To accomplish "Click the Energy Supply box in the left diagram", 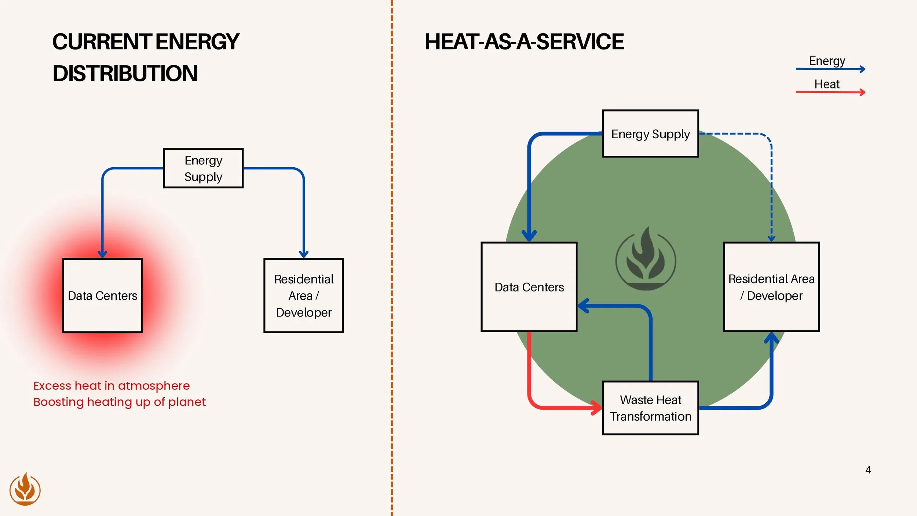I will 203,168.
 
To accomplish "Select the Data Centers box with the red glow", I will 102,296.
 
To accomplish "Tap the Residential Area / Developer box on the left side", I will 304,296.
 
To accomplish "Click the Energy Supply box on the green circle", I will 650,134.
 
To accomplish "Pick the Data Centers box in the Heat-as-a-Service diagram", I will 529,287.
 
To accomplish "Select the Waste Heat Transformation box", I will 650,408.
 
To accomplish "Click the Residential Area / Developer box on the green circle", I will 771,287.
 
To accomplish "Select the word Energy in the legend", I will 827,61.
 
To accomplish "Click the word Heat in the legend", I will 827,84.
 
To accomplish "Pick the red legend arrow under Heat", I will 830,92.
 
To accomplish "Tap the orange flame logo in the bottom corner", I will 25,489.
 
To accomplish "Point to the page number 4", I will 868,470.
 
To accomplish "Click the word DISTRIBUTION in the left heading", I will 125,73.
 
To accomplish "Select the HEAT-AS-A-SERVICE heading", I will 524,41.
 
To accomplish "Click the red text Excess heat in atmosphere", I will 112,386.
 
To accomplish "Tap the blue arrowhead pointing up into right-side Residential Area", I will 771,338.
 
